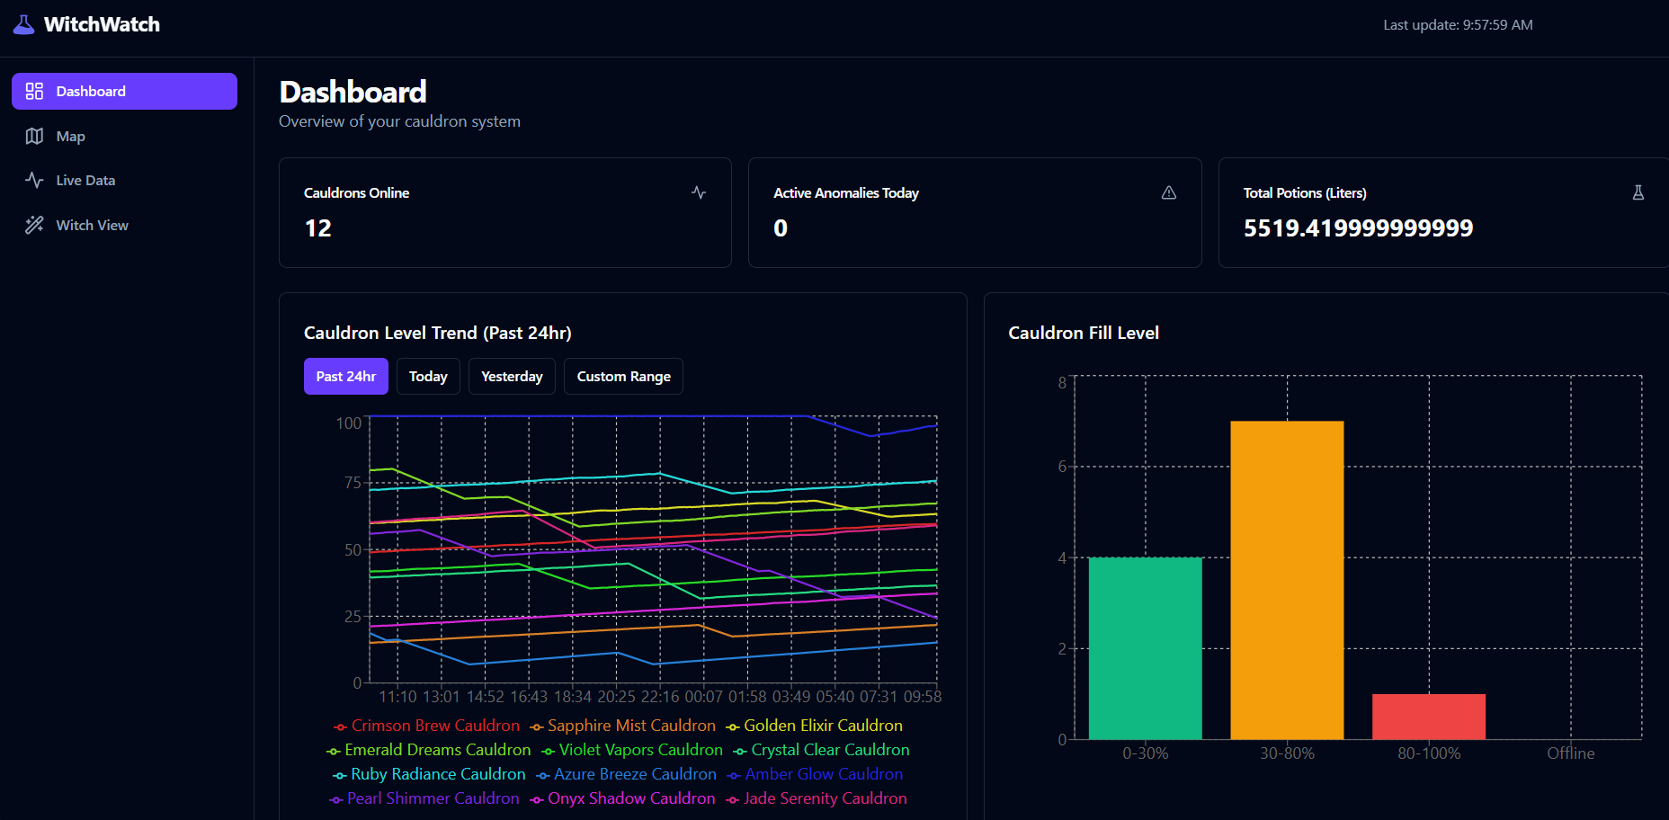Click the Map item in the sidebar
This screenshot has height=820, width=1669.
(x=70, y=137)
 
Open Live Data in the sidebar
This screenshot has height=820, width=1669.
(x=85, y=181)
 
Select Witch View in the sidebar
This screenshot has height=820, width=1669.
(x=92, y=226)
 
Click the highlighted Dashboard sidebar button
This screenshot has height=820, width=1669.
(x=124, y=92)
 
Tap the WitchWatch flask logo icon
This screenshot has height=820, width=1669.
(x=24, y=24)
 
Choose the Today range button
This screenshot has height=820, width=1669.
(x=428, y=377)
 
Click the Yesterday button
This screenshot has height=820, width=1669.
(x=512, y=377)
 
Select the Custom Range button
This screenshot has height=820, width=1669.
(x=623, y=377)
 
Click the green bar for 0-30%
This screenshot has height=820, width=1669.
(x=1145, y=648)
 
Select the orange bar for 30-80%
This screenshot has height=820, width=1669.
(x=1287, y=580)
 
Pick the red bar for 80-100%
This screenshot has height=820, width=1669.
(x=1428, y=717)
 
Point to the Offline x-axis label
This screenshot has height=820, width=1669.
(x=1570, y=753)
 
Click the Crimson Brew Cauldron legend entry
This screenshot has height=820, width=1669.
(x=435, y=726)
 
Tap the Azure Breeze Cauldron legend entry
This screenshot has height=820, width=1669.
(x=635, y=774)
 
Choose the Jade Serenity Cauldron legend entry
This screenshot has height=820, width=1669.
(x=825, y=798)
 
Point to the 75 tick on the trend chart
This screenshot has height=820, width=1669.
(x=353, y=483)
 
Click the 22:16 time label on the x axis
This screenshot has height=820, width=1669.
(x=660, y=697)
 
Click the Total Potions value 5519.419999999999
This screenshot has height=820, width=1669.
(x=1358, y=228)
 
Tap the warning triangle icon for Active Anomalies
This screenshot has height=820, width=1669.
(x=1168, y=193)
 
